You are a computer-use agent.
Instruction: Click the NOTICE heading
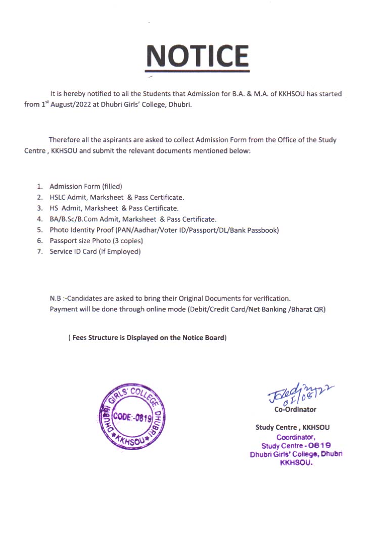click(x=197, y=56)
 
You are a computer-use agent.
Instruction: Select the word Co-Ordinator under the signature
click(x=295, y=409)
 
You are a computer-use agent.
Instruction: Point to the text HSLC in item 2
click(x=59, y=197)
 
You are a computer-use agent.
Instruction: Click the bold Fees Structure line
click(x=148, y=338)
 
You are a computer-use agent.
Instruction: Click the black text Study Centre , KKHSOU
click(x=293, y=427)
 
